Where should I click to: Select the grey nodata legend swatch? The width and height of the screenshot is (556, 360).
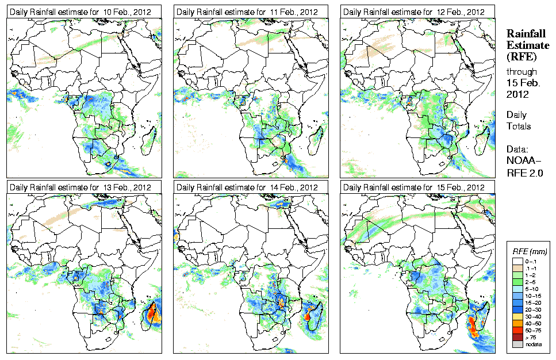click(x=517, y=343)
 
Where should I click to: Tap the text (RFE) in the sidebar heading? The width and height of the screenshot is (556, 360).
click(x=521, y=57)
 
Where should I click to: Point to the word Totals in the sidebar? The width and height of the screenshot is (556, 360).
click(x=519, y=126)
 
